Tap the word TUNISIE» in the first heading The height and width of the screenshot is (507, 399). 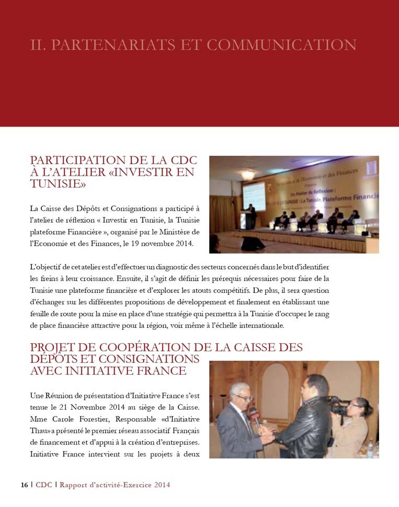click(x=58, y=184)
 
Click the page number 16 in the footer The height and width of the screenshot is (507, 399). click(x=24, y=485)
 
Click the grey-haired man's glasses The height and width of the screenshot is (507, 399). click(x=244, y=398)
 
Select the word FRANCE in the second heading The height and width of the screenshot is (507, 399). click(x=163, y=371)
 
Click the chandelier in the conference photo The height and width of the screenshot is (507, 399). click(x=248, y=174)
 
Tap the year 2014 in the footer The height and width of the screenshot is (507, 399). click(x=162, y=485)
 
